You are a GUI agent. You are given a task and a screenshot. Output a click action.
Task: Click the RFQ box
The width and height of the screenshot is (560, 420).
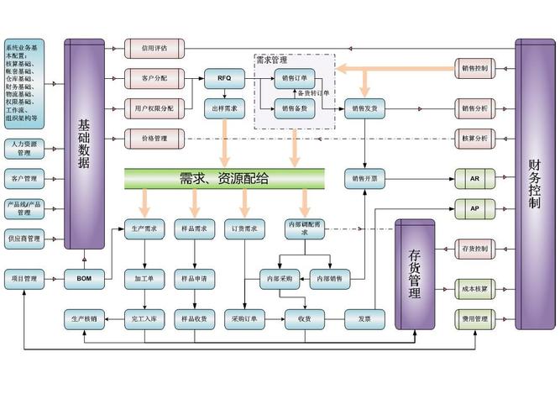point(224,78)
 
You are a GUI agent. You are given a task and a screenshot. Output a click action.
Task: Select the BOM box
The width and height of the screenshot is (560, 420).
point(84,278)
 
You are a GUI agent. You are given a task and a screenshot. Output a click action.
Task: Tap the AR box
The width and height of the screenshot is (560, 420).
point(474,178)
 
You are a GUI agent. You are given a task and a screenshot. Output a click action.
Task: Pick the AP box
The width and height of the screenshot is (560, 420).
point(474,207)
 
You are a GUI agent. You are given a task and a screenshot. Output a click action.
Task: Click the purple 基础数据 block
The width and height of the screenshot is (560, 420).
point(84,143)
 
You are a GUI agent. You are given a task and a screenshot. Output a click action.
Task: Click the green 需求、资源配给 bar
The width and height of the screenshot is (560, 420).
point(224,177)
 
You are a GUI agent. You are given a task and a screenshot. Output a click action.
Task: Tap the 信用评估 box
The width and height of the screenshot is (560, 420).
point(154,48)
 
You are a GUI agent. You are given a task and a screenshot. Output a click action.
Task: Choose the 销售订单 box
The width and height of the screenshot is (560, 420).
point(295,78)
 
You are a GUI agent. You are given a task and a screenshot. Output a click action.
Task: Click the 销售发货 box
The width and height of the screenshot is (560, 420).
point(364,108)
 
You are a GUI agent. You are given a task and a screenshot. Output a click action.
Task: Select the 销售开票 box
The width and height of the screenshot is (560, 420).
point(364,178)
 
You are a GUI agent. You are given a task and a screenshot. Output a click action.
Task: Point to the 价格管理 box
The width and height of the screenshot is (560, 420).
point(154,137)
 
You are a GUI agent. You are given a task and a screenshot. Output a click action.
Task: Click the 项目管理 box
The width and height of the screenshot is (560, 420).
point(24,278)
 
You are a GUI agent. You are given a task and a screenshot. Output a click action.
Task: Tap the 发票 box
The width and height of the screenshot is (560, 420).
point(364,318)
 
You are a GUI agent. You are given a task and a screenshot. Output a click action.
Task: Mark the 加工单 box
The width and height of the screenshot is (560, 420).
point(144,278)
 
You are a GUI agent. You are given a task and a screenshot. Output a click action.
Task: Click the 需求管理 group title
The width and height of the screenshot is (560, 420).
point(271,60)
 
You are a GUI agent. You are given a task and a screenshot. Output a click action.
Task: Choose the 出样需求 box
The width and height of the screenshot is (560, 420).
point(224,108)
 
